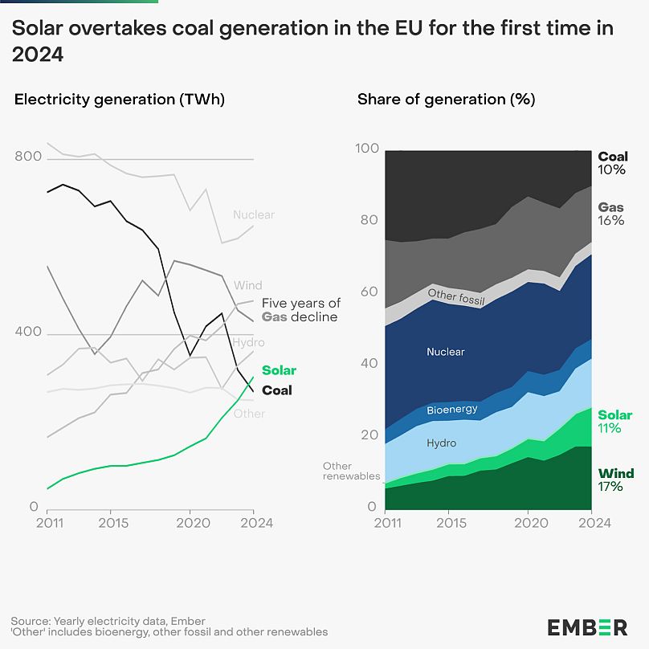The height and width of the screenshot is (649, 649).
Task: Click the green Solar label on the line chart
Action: [x=278, y=370]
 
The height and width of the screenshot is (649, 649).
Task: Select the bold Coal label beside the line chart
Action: [x=277, y=390]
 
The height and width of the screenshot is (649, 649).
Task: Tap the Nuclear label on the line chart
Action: [x=253, y=214]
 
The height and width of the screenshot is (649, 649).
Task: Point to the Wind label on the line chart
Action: [x=247, y=285]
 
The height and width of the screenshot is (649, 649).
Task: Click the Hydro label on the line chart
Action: [x=248, y=342]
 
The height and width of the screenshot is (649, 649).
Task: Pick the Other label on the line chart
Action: [x=249, y=414]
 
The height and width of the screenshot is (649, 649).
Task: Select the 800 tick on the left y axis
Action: [x=27, y=157]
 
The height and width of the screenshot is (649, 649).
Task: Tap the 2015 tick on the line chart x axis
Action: [x=110, y=523]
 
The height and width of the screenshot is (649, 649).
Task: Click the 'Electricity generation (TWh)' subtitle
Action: [x=120, y=100]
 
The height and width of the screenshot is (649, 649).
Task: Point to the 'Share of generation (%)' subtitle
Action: [x=446, y=100]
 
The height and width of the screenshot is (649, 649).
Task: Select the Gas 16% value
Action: [x=611, y=220]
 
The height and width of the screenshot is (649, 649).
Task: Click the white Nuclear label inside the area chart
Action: [x=445, y=352]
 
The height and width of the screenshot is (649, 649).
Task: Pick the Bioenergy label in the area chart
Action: [x=452, y=409]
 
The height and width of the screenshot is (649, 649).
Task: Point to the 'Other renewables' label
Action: [x=351, y=471]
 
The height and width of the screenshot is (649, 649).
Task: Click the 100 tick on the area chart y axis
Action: [x=366, y=149]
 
